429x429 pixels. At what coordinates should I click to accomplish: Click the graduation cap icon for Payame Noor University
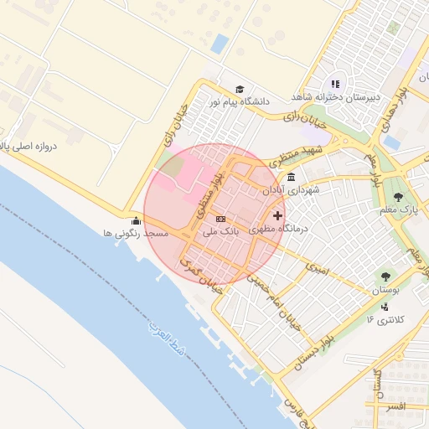tap(239, 89)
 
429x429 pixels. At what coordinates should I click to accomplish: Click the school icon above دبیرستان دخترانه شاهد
tap(336, 84)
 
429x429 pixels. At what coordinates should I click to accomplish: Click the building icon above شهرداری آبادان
tap(291, 178)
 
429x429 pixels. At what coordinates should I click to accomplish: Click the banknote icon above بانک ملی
tap(220, 219)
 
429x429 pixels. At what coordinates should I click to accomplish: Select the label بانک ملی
tap(222, 229)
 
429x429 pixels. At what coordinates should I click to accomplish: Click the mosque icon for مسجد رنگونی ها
tap(136, 221)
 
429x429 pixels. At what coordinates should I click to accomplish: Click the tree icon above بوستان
tap(385, 276)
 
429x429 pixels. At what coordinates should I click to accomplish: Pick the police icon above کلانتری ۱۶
tap(384, 306)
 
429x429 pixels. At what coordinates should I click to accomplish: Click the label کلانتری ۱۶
tap(385, 319)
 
